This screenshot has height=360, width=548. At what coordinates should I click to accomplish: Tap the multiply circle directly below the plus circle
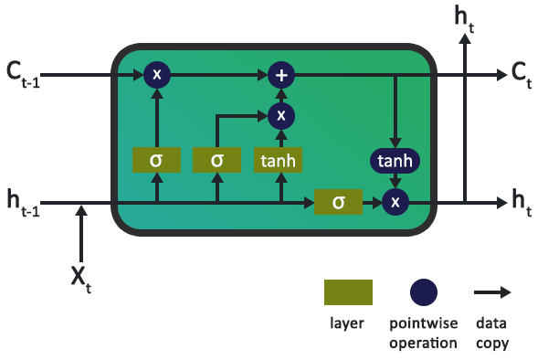coord(281,115)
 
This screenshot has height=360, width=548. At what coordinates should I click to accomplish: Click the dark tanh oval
coord(395,162)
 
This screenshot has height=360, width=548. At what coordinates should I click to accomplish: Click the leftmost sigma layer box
coord(156,160)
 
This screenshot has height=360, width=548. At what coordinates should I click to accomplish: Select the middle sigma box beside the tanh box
coord(217,160)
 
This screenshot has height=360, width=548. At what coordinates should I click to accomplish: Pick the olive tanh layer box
coord(279,160)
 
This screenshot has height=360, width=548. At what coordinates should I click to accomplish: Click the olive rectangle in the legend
coord(348,292)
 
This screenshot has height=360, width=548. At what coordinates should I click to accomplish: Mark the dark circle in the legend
coord(424,292)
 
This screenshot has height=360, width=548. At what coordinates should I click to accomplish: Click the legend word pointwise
coord(423,324)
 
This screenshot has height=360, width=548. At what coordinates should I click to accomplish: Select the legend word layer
coord(348,324)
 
